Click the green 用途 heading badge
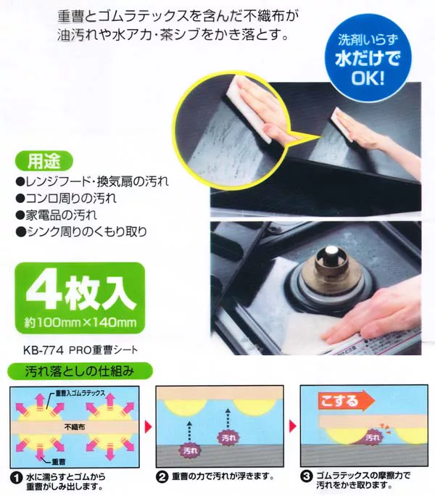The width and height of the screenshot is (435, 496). [44, 162]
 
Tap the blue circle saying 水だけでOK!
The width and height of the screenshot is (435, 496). [368, 58]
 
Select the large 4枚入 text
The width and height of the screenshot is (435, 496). [81, 289]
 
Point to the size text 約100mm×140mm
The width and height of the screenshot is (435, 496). [80, 323]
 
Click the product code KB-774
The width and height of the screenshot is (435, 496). [43, 350]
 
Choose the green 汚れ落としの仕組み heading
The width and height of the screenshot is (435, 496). [80, 371]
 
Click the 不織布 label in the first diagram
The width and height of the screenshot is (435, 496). [75, 426]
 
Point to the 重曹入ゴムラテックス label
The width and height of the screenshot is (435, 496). [80, 393]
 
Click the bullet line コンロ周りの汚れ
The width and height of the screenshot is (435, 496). [67, 199]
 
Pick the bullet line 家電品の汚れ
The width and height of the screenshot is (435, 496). [57, 215]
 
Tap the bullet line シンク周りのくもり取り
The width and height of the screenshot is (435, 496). [82, 232]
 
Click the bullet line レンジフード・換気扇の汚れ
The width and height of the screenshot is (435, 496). [92, 181]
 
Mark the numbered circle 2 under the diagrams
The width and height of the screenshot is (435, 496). [162, 476]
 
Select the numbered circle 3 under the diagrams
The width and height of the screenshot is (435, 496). [306, 476]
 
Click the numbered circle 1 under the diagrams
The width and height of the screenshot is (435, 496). [16, 478]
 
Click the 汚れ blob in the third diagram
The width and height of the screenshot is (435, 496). [373, 437]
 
